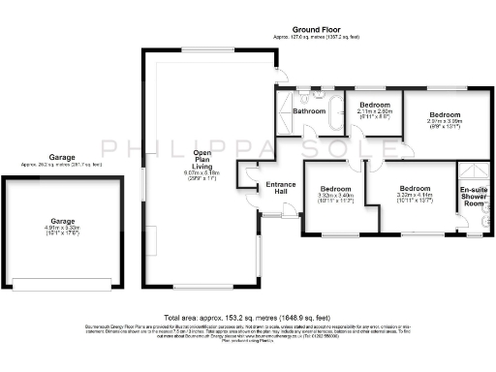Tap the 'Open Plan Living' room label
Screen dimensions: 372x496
[x=202, y=159]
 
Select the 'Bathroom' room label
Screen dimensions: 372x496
[x=309, y=111]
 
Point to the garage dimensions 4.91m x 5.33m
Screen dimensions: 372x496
[x=63, y=230]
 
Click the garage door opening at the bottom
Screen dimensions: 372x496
[x=63, y=285]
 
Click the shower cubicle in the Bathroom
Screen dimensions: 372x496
[x=287, y=105]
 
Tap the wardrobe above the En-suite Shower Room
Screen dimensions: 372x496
[x=473, y=170]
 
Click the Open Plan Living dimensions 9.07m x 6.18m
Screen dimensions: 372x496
[x=202, y=175]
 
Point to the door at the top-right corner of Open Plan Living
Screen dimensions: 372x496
[x=278, y=77]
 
